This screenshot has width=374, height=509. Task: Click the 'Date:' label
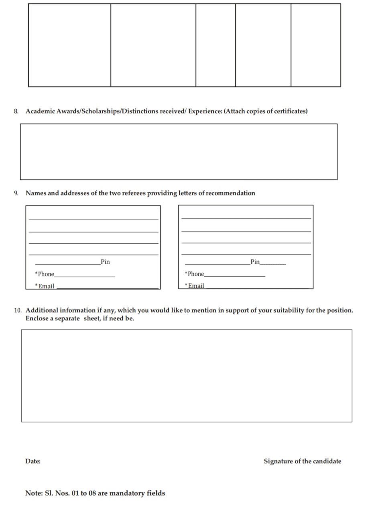[x=33, y=461]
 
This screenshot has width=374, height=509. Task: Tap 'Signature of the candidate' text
[x=302, y=461]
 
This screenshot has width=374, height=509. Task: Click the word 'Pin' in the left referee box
[x=106, y=262]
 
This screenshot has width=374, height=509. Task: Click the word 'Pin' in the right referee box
[x=255, y=262]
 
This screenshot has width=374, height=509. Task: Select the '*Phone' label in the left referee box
[x=45, y=274]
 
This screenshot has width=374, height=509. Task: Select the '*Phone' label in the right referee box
[x=195, y=274]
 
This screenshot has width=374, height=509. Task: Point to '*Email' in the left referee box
[x=45, y=286]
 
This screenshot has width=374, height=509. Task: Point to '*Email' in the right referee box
[x=195, y=286]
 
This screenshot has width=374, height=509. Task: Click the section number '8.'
[x=16, y=111]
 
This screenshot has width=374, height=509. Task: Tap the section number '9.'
[x=16, y=193]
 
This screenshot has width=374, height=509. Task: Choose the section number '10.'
[x=18, y=310]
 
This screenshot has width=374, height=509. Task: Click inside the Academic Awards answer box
[x=179, y=152]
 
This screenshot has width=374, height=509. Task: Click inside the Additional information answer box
[x=187, y=376]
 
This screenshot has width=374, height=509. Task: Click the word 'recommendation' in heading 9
[x=230, y=193]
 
